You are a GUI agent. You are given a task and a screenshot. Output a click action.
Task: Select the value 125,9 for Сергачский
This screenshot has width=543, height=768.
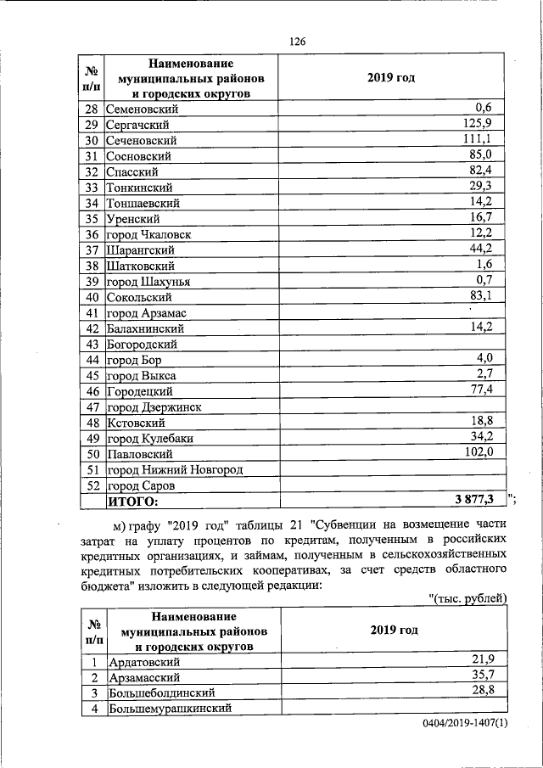[x=489, y=124]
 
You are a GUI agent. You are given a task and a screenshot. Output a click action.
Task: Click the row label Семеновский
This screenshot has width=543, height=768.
[x=143, y=109]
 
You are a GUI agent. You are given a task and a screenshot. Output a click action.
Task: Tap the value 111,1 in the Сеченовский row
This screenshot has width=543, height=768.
[x=490, y=139]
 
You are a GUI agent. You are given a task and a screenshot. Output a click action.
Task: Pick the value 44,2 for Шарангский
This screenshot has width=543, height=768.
[x=492, y=249]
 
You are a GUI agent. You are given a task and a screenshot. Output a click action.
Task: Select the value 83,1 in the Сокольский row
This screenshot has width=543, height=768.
[x=492, y=295]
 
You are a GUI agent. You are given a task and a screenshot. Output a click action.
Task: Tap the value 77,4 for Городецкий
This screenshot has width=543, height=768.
[x=492, y=389]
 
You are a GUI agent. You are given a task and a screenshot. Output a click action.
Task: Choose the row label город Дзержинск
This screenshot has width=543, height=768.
[x=154, y=407]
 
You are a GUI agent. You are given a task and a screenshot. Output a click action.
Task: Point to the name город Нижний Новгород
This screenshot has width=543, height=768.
[x=175, y=470]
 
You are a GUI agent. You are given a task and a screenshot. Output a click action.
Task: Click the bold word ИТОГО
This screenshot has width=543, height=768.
[x=132, y=502]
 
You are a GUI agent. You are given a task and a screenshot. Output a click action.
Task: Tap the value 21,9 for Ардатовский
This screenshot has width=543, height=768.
[x=492, y=659]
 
